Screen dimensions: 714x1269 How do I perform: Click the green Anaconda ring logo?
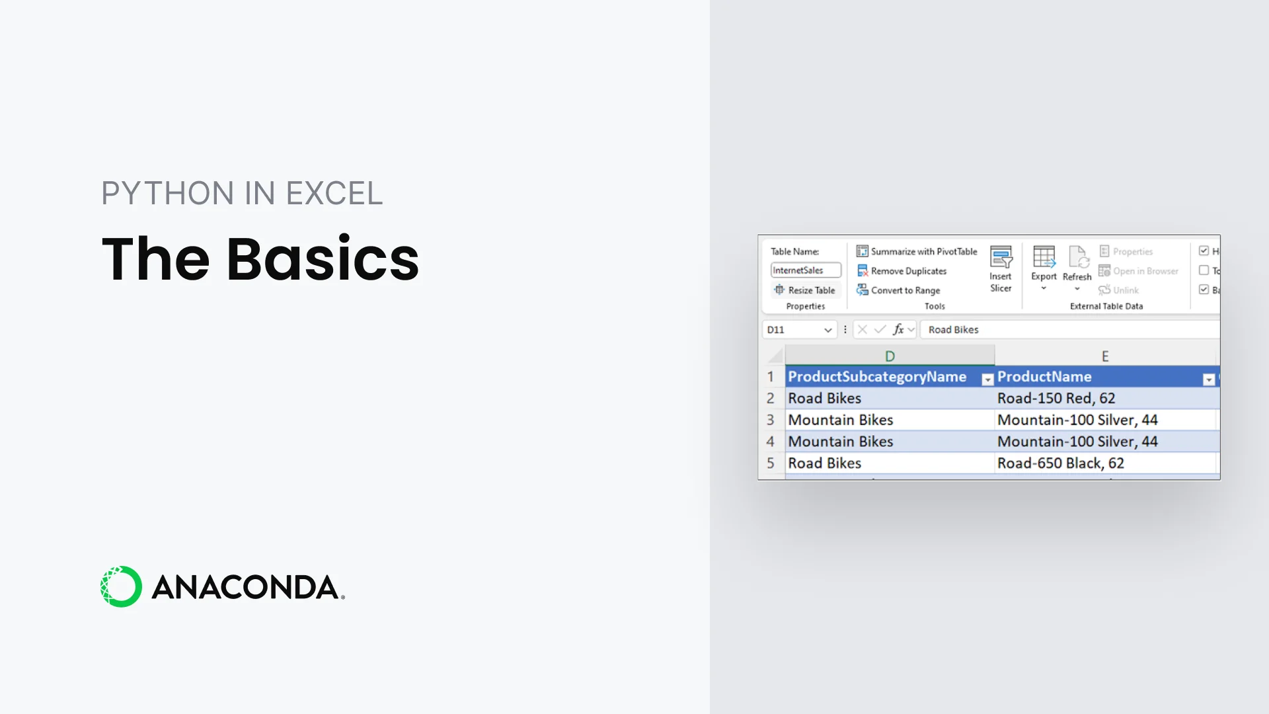click(x=121, y=586)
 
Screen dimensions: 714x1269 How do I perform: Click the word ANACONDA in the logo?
click(x=245, y=587)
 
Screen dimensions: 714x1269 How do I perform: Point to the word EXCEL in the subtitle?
click(x=334, y=194)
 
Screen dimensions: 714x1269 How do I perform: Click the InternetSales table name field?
click(x=805, y=270)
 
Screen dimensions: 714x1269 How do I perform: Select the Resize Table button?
click(x=805, y=290)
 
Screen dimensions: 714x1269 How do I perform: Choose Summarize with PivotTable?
click(x=917, y=252)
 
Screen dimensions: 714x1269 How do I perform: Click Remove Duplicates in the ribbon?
click(x=902, y=271)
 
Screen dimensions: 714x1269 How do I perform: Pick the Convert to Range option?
click(x=899, y=290)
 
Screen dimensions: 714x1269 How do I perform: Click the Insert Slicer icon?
click(x=1001, y=257)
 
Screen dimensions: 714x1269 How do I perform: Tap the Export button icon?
click(x=1044, y=257)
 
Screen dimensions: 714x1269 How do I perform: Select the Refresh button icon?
click(x=1077, y=257)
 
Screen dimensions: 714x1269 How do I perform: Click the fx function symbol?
click(x=898, y=329)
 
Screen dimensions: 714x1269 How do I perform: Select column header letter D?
click(x=890, y=356)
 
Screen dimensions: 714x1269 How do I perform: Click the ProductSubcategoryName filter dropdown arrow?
click(x=987, y=379)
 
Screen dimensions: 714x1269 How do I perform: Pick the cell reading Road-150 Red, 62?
click(x=1056, y=399)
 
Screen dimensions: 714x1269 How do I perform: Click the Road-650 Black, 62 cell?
click(x=1060, y=463)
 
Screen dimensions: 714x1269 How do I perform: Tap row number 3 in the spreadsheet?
click(x=770, y=420)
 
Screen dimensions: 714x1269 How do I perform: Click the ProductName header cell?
click(x=1044, y=377)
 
